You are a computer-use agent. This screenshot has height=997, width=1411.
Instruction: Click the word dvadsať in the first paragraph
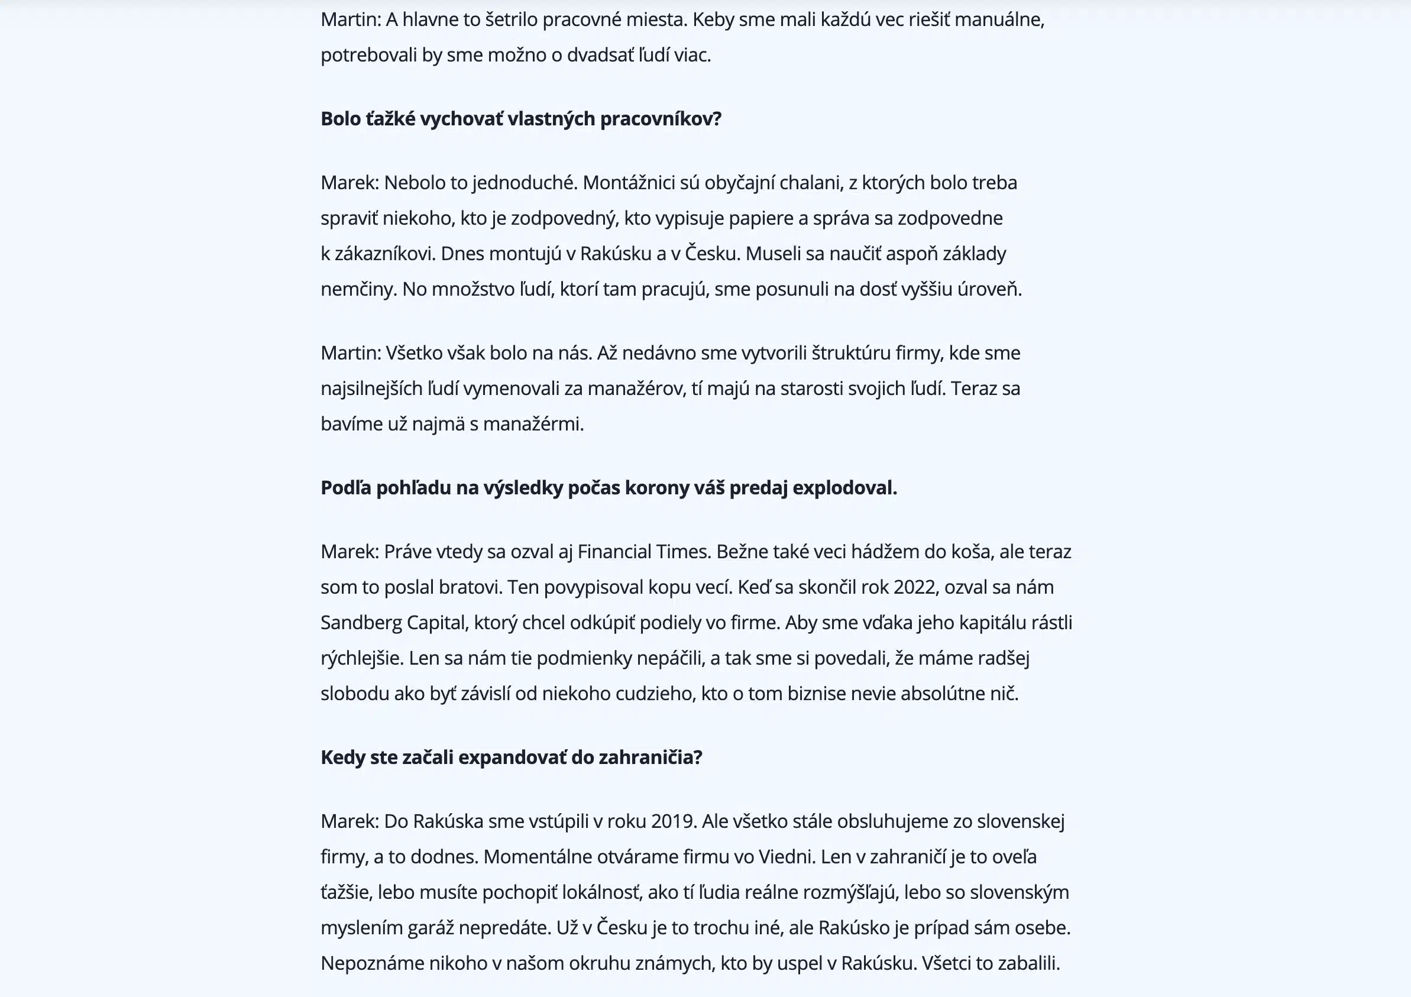593,56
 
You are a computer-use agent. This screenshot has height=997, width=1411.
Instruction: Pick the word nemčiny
358,290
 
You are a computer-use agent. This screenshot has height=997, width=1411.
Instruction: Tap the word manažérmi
533,424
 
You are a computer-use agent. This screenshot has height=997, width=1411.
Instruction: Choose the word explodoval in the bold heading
844,488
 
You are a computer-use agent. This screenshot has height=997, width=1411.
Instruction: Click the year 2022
915,588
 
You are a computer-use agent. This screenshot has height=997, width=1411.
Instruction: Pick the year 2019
674,822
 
